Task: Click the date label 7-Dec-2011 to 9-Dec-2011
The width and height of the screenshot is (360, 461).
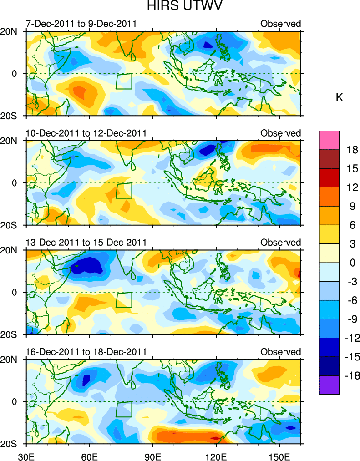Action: [81, 24]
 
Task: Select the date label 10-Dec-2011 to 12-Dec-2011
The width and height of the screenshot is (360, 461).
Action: [86, 133]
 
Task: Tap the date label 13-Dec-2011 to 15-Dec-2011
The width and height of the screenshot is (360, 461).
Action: [86, 242]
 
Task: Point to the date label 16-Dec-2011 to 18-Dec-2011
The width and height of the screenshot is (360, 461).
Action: [86, 352]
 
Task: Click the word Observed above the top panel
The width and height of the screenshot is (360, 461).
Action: [280, 24]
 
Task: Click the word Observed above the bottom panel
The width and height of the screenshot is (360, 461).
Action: [280, 352]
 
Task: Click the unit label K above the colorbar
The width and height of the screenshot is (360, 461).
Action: [339, 97]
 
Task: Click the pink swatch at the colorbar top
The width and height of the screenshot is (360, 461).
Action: [329, 139]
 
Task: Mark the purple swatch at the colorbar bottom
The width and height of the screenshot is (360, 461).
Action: [329, 385]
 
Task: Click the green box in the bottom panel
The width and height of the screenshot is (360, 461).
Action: [124, 410]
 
